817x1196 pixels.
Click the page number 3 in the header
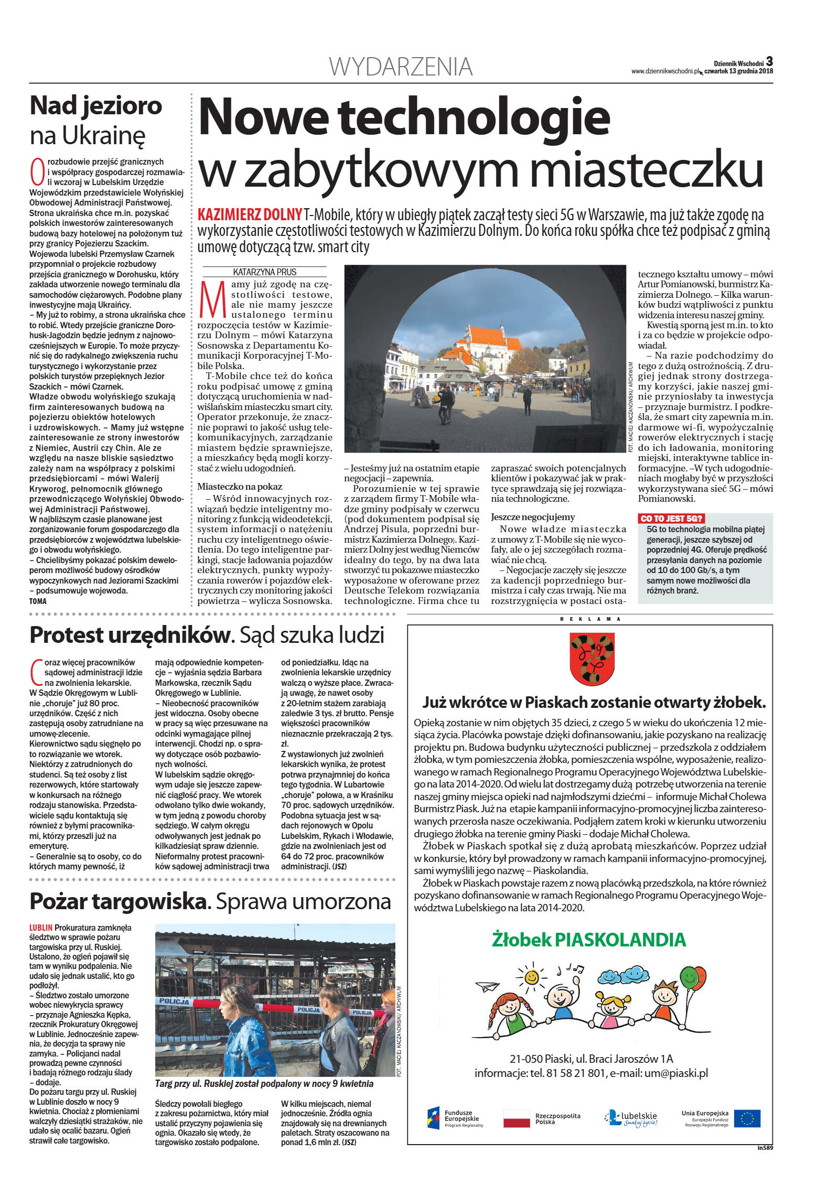tap(769, 61)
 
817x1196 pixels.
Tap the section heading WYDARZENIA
tap(401, 67)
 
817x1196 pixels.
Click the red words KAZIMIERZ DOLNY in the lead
tap(250, 214)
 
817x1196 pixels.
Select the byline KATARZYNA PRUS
tap(264, 272)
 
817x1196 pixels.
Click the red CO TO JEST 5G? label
tap(671, 519)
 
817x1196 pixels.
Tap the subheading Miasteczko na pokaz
tap(239, 487)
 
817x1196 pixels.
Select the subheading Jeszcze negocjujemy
tap(533, 517)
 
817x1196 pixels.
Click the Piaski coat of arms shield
tap(592, 658)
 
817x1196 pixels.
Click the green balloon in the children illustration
tap(689, 976)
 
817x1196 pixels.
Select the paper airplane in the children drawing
tap(487, 987)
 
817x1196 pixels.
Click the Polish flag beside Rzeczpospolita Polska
tap(517, 1118)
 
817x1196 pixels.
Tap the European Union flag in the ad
tap(747, 1118)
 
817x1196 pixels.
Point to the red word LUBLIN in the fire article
tap(41, 928)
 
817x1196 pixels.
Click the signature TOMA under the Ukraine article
tap(38, 601)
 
